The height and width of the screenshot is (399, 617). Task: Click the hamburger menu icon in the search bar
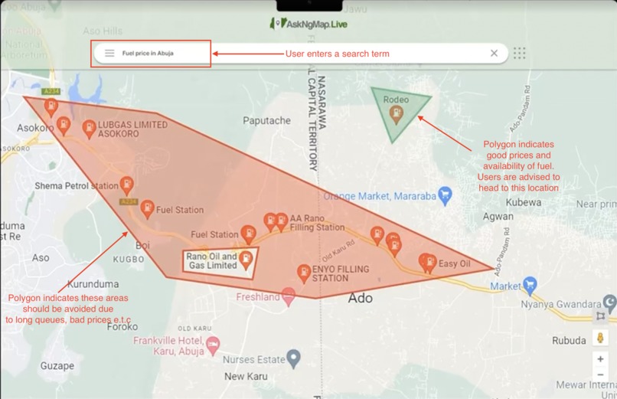109,53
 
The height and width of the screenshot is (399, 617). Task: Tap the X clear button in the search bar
494,53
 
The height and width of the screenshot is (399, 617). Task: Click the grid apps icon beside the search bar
520,53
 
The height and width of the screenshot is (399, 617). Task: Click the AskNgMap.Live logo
309,24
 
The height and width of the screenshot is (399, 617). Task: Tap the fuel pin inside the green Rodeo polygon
396,114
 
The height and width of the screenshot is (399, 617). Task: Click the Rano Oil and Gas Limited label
211,261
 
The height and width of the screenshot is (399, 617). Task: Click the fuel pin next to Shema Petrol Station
127,185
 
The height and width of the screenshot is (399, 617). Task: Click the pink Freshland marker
289,296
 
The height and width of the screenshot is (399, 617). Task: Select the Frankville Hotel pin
213,345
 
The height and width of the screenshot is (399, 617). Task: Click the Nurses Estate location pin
293,358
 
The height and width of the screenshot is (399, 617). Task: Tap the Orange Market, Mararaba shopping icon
446,195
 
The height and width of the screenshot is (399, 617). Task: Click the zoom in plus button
601,358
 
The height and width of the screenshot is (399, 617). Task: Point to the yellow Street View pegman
601,338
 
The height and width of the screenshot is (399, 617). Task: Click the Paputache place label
266,120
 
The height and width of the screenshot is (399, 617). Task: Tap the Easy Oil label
454,264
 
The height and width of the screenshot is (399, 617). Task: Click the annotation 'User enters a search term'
337,54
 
